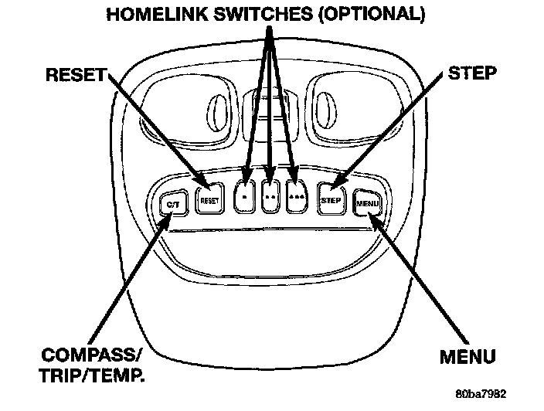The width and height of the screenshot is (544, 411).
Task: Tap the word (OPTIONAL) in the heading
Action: pos(373,14)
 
